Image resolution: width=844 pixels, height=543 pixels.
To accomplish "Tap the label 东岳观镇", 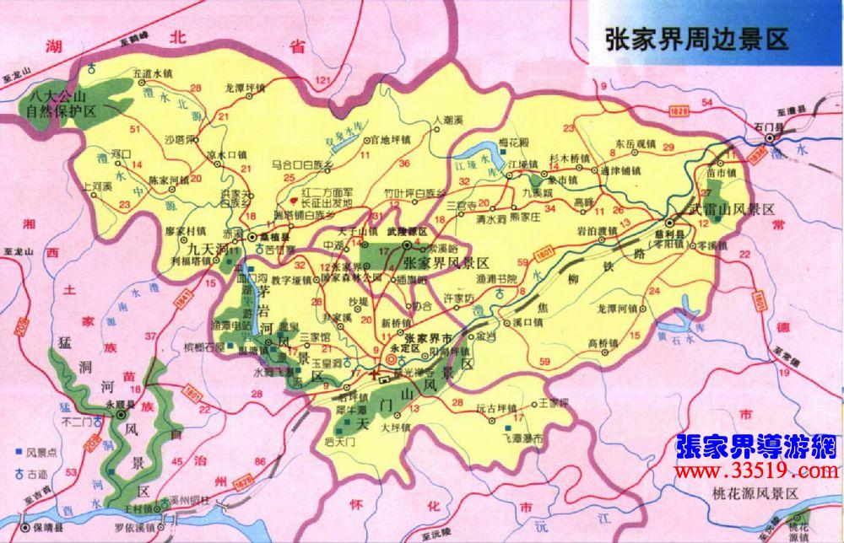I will pyautogui.click(x=635, y=143).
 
